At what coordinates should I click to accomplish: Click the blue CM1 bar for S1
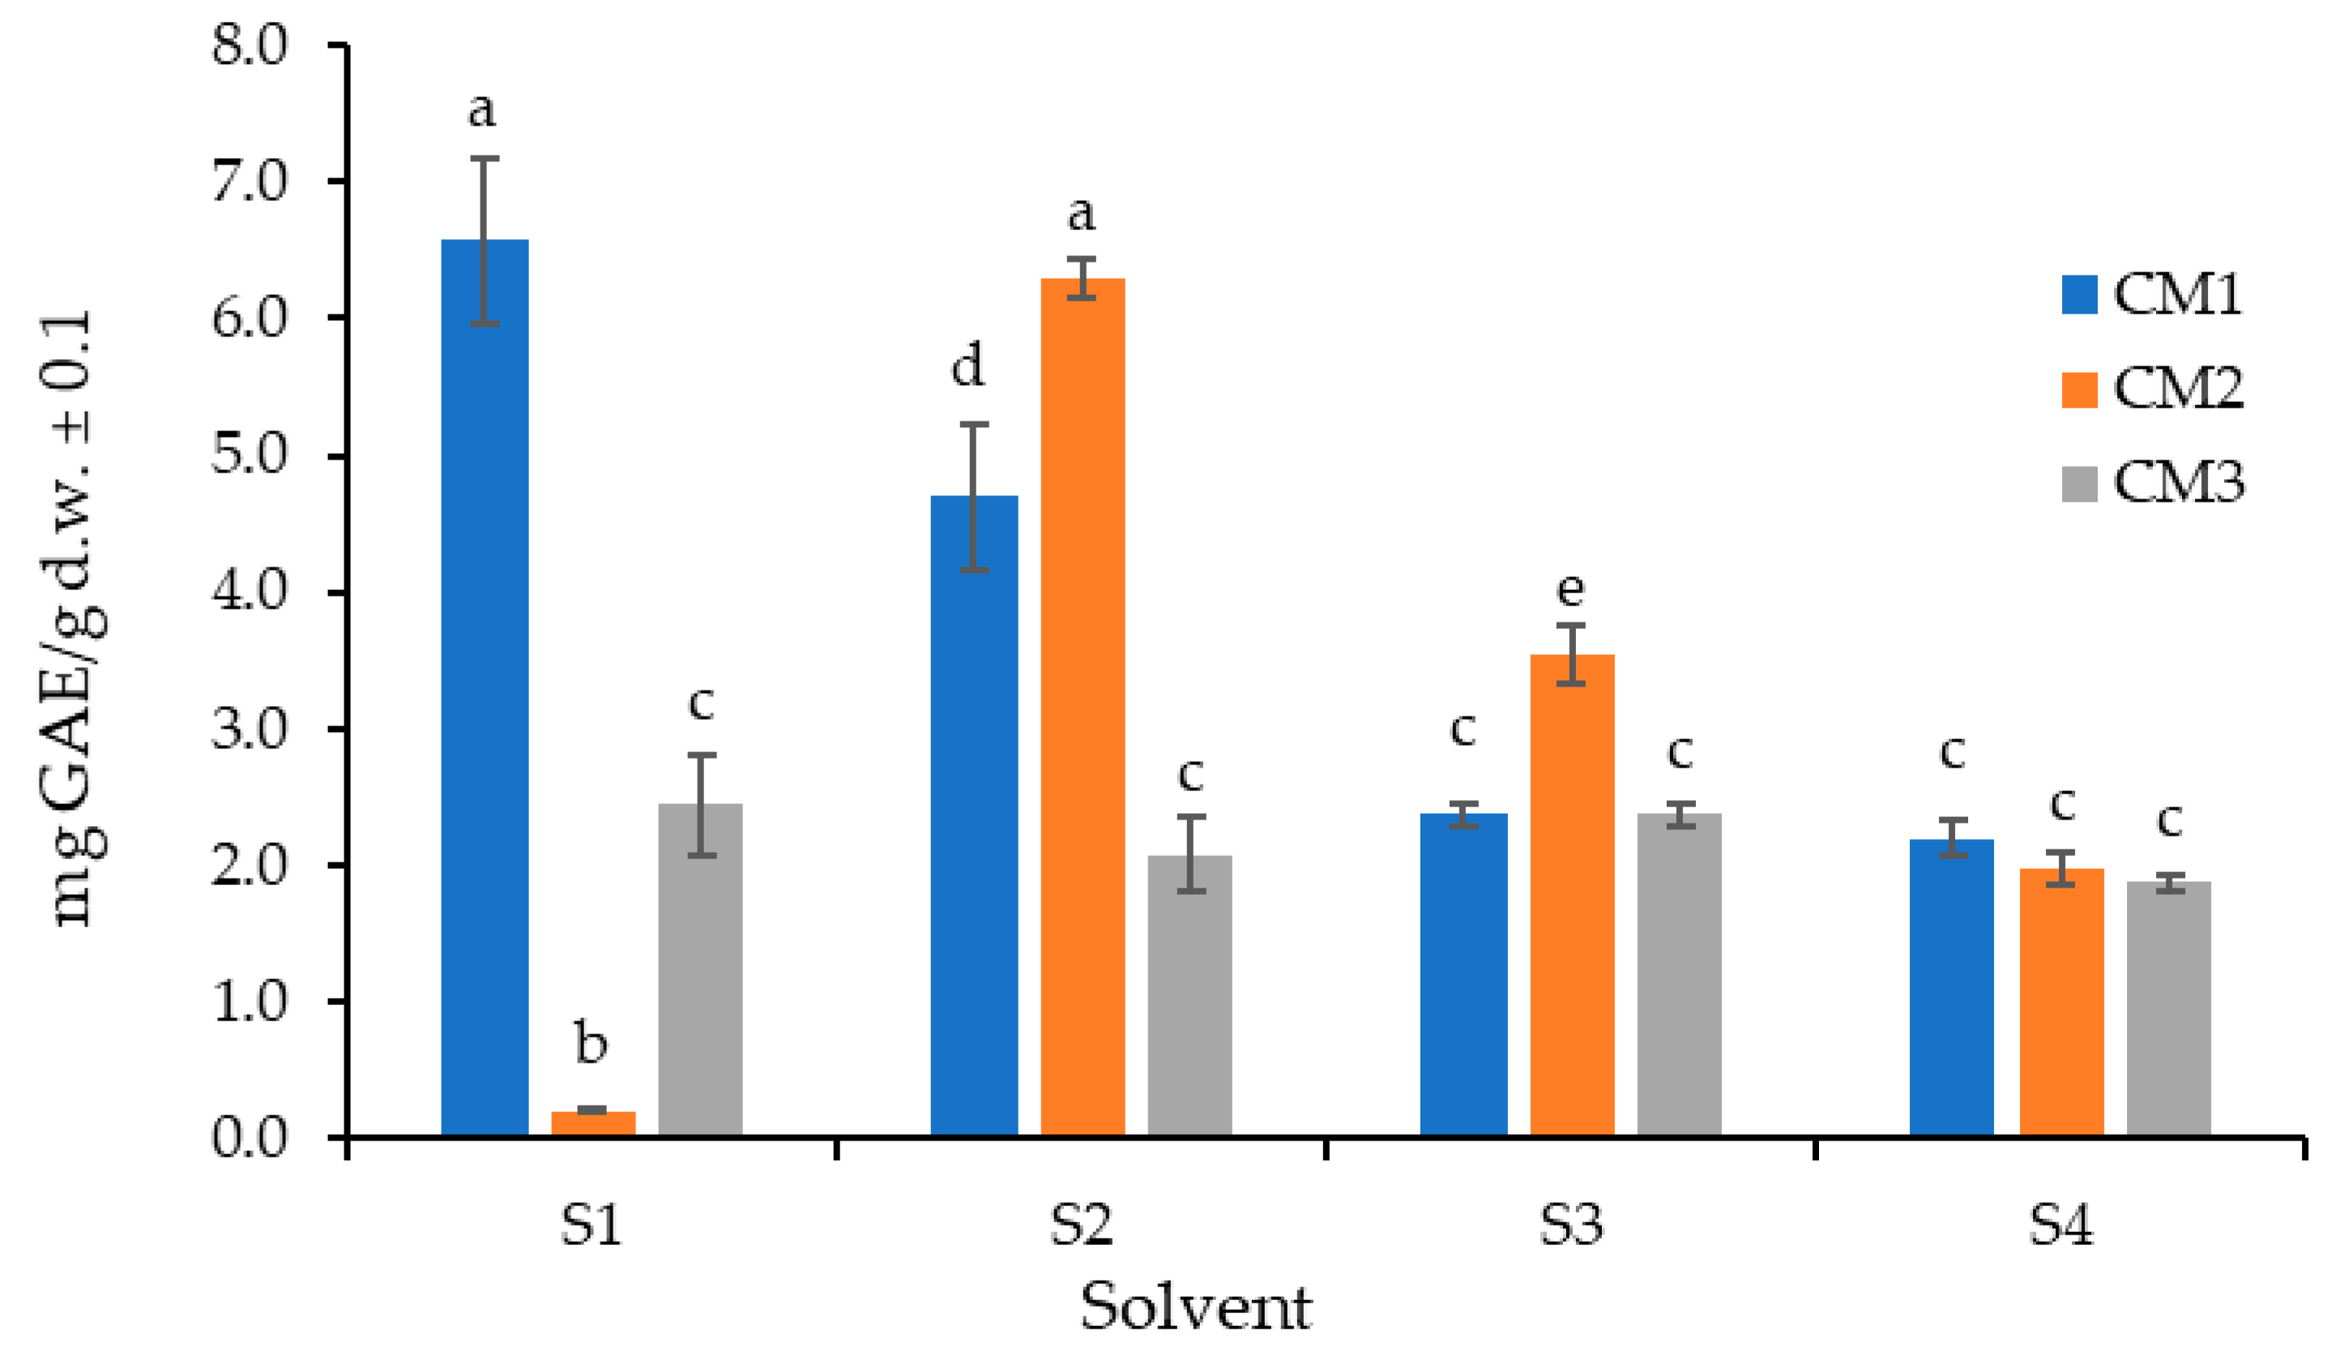pyautogui.click(x=485, y=687)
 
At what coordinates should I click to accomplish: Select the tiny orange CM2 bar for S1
pyautogui.click(x=592, y=1122)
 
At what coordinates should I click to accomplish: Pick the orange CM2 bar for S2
pyautogui.click(x=1082, y=706)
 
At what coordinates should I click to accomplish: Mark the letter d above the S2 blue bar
pyautogui.click(x=967, y=365)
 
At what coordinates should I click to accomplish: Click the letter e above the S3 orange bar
pyautogui.click(x=1570, y=588)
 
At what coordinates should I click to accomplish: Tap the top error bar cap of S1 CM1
pyautogui.click(x=485, y=159)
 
